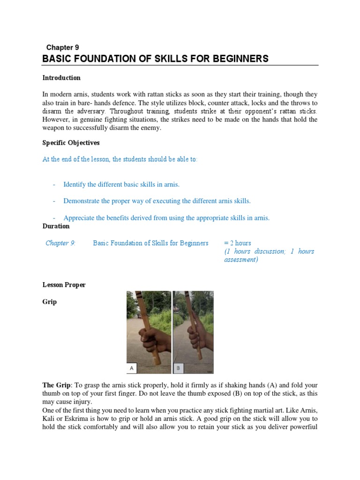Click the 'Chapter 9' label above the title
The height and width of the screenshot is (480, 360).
[x=62, y=47]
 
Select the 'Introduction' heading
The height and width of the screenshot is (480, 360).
[x=61, y=78]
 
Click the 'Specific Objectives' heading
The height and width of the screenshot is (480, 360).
[x=71, y=142]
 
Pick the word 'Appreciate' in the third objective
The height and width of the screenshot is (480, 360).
[x=80, y=217]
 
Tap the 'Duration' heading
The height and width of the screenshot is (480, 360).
[x=56, y=226]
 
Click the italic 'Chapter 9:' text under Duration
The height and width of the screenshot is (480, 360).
[x=60, y=243]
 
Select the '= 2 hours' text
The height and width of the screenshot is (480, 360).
[x=237, y=243]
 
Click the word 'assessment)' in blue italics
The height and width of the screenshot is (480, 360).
[x=241, y=260]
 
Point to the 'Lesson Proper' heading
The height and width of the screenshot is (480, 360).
[x=64, y=285]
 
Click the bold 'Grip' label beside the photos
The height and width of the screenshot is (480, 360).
[x=49, y=302]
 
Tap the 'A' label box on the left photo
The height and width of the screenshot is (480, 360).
[x=132, y=368]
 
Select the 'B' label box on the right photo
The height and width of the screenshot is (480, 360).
[x=178, y=368]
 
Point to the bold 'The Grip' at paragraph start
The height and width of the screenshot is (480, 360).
[x=56, y=385]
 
